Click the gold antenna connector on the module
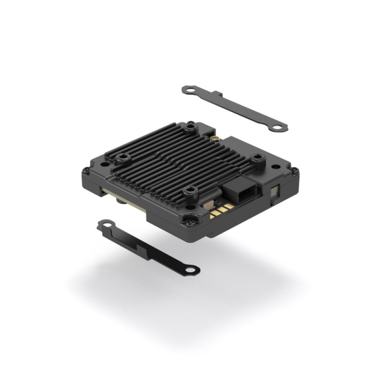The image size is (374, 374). tap(215, 139)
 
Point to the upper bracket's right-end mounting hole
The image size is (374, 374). tap(278, 128)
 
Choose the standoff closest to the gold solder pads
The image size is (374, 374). tap(190, 193)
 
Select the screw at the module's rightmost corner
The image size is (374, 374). tap(295, 172)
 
